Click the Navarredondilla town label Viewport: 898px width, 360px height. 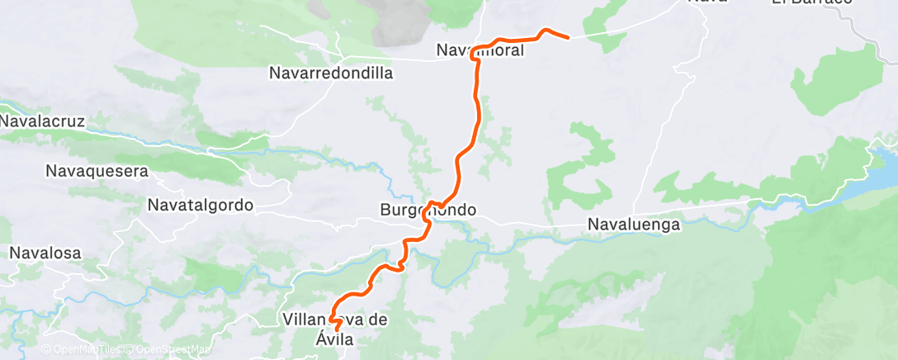click(330, 73)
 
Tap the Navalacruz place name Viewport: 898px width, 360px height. click(43, 121)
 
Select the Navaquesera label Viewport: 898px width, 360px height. click(97, 172)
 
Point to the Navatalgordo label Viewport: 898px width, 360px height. click(201, 204)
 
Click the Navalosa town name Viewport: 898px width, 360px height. click(45, 253)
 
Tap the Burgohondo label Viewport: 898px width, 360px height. click(428, 210)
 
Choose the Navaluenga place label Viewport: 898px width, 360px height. click(633, 224)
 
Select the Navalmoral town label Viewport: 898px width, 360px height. click(480, 51)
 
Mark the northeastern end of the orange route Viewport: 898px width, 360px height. click(569, 37)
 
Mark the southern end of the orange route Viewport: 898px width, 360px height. click(337, 330)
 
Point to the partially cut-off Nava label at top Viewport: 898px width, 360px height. click(708, 2)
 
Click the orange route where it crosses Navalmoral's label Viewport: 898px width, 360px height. click(477, 51)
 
